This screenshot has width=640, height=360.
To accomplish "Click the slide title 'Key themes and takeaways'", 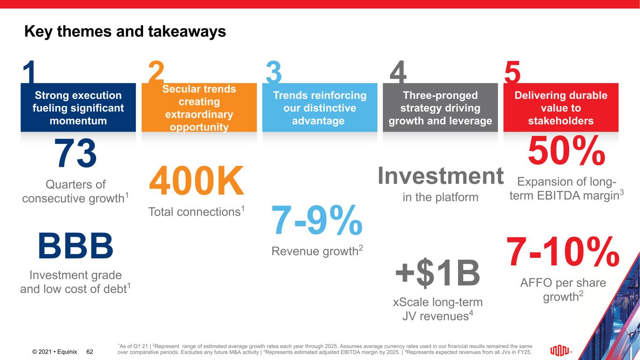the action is tap(125, 31).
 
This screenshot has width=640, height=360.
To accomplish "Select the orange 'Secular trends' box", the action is tap(199, 107).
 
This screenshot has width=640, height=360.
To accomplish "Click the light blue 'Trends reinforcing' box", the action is tap(320, 107).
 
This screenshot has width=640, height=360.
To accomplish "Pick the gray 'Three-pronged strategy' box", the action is tap(440, 107).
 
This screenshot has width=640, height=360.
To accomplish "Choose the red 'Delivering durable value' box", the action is tap(561, 107).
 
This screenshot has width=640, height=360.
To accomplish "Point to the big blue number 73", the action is tap(75, 153).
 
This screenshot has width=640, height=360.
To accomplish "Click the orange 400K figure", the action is tap(196, 180).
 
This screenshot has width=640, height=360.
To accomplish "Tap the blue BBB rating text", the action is tap(75, 246).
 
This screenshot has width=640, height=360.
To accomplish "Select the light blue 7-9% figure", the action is tap(317, 220).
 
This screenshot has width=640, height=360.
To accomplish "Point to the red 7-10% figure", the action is tap(563, 251).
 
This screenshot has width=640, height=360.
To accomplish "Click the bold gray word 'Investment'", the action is tap(441, 176).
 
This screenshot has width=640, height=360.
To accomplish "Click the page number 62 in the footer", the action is tap(90, 352).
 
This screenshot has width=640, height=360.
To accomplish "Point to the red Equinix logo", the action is tap(560, 351).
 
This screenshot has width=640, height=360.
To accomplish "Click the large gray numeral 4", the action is tap(398, 72).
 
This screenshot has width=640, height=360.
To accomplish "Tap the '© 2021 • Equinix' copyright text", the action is tap(54, 352).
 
